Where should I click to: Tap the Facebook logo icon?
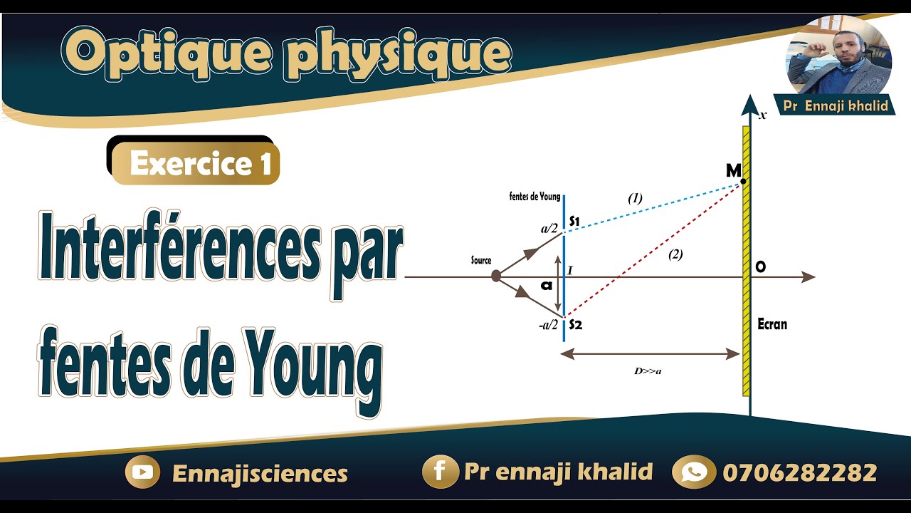pos(439,472)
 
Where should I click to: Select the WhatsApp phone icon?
pos(693,472)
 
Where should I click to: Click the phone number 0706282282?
pos(799,472)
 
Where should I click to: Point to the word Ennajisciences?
pos(260,474)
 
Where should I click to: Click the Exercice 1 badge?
pos(200,165)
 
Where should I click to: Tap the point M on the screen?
pos(743,182)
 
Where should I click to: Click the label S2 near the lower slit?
pos(576,325)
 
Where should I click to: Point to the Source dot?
pos(496,275)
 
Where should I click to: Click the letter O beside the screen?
pos(761,267)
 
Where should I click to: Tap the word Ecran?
pos(772,325)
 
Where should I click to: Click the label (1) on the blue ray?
pos(635,199)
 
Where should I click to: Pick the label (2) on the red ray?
pos(675,254)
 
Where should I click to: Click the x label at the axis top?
pos(762,115)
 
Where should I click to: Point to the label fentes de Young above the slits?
pos(535,197)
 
